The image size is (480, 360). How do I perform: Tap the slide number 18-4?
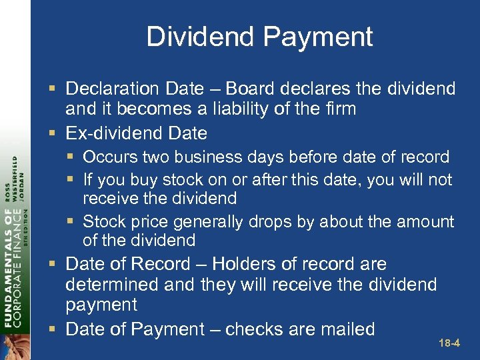[449, 344]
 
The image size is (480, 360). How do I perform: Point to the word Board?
[251, 89]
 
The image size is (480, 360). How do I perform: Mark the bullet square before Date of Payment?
[55, 329]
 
